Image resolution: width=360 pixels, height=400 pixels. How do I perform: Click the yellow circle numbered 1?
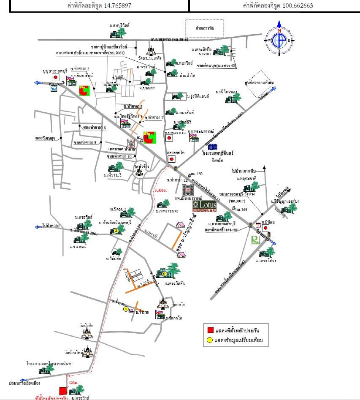coord(125,309)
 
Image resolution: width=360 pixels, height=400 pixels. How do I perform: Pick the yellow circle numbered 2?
coord(164,274)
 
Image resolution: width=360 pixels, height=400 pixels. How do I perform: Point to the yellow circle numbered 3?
coord(115,231)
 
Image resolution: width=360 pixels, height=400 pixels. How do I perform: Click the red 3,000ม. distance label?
coord(161,190)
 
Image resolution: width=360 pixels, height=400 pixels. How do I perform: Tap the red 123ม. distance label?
coord(74,382)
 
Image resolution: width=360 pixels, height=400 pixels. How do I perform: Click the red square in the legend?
coord(210,329)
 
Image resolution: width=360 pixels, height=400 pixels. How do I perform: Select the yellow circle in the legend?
coord(210,340)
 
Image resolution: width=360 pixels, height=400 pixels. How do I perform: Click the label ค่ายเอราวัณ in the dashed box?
coord(204,28)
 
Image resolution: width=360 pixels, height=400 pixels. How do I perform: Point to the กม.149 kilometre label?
coord(241,210)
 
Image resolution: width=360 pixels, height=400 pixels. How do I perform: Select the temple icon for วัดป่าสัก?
coord(87,333)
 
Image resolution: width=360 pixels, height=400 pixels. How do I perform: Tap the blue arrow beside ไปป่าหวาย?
coord(39,226)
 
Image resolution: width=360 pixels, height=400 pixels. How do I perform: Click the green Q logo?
coord(254,239)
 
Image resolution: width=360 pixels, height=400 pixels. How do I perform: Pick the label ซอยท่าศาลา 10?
coord(122,157)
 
